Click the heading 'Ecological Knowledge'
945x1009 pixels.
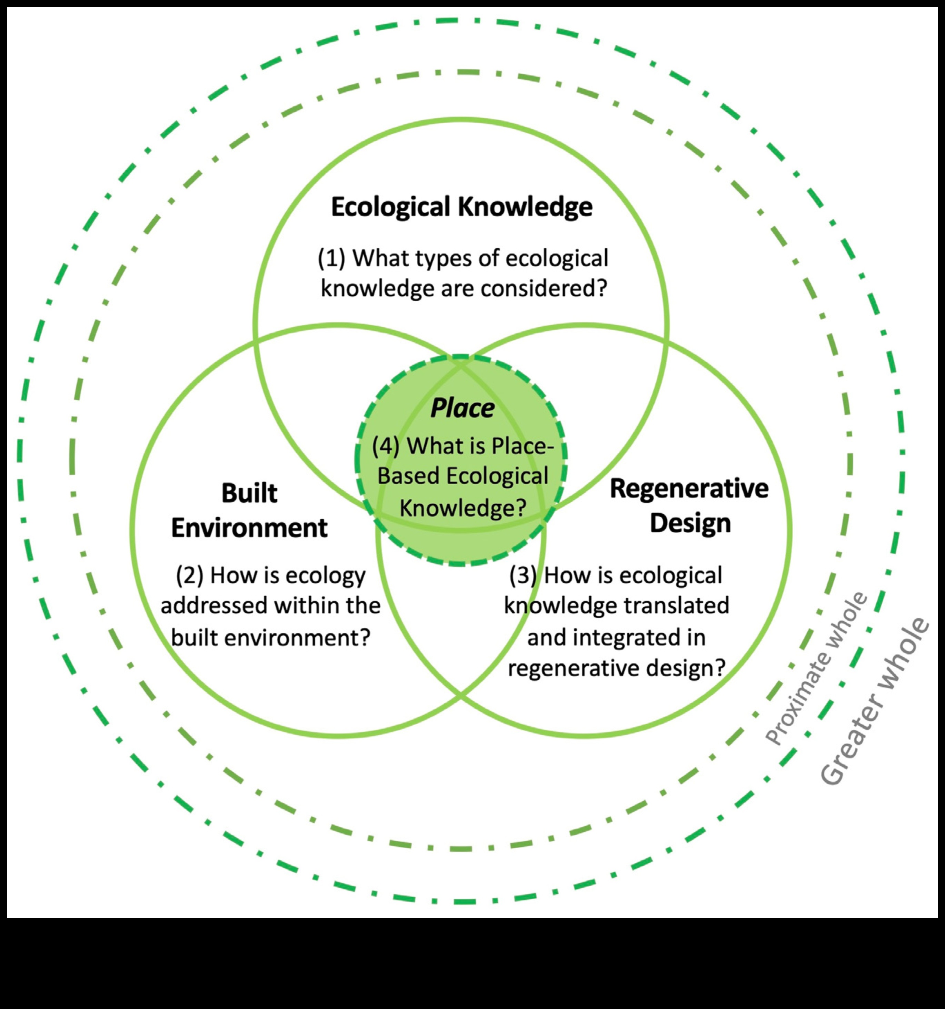coord(462,207)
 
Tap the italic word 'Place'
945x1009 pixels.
coord(462,408)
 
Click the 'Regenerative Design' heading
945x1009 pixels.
coord(689,506)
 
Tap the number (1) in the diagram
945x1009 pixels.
coord(331,258)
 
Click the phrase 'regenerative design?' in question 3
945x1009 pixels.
coord(616,668)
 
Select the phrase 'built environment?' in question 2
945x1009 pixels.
coord(270,637)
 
